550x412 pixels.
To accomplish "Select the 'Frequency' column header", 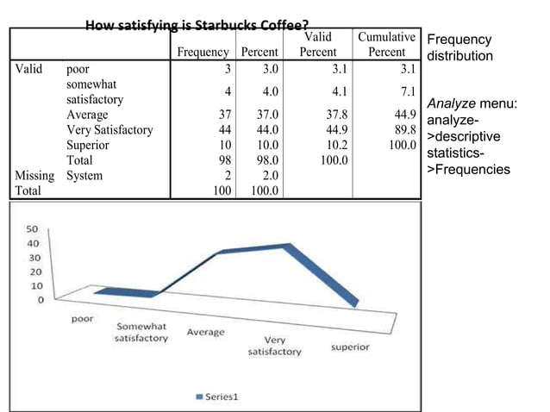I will (x=203, y=52).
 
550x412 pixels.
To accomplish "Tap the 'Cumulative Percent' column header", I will (x=387, y=44).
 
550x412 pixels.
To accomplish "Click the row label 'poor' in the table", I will (x=78, y=69).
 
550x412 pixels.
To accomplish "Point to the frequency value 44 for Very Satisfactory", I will (x=224, y=130).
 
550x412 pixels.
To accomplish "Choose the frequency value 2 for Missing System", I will (x=228, y=175).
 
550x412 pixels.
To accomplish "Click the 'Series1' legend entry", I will (x=222, y=397).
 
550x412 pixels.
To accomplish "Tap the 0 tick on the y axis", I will (x=39, y=300).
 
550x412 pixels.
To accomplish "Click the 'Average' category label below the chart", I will (x=205, y=332).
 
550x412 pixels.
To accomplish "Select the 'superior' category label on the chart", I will (x=349, y=346).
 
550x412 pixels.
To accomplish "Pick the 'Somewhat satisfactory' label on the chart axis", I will (x=141, y=333).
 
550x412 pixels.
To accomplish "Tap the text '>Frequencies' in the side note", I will (x=469, y=169).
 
